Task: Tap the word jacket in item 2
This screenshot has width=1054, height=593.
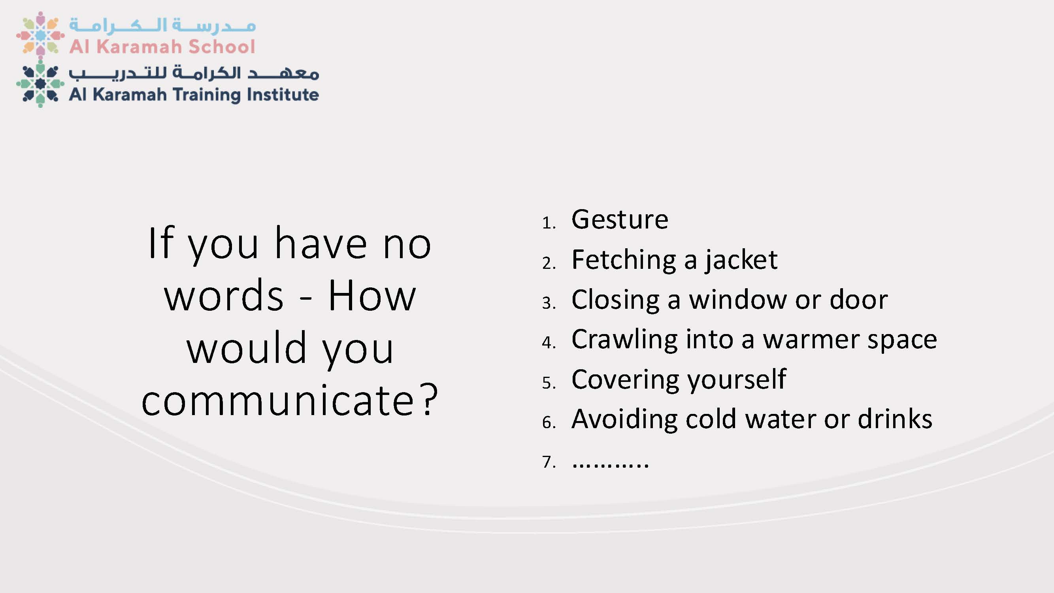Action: pyautogui.click(x=741, y=260)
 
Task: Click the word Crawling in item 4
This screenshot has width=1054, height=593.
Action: pyautogui.click(x=624, y=340)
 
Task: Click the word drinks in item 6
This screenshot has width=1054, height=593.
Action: pyautogui.click(x=895, y=419)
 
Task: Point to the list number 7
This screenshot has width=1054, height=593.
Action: pyautogui.click(x=549, y=462)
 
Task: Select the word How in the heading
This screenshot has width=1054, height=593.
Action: pyautogui.click(x=372, y=295)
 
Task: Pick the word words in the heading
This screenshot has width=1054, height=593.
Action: pyautogui.click(x=223, y=295)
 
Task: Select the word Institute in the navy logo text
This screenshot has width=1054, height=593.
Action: pyautogui.click(x=283, y=94)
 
